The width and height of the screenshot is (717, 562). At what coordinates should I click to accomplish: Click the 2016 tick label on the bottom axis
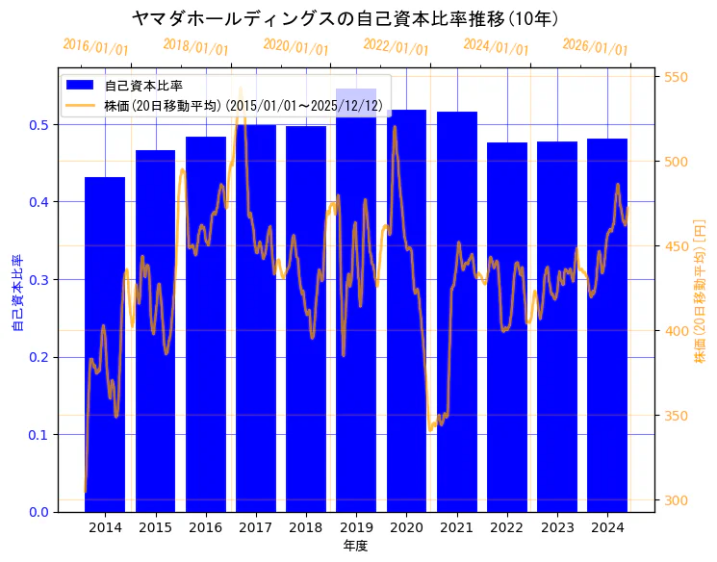[205, 527]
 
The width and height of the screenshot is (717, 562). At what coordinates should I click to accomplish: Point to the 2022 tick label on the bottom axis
[507, 527]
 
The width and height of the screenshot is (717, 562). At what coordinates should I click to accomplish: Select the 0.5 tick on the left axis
[38, 125]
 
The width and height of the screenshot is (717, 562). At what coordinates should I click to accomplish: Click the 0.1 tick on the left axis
[38, 435]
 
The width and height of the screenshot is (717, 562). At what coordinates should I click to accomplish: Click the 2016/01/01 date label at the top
[95, 47]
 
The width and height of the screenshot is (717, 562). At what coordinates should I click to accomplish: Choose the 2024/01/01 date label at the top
[496, 47]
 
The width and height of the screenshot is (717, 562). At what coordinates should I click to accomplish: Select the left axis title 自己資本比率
[16, 293]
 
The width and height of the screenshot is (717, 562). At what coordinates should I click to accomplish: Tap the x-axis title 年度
[355, 546]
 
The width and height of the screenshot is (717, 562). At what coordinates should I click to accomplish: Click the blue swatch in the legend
[80, 86]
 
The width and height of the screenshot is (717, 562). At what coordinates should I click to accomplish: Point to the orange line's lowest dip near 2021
[430, 429]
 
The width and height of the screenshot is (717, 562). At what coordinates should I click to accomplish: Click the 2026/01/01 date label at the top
[596, 47]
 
